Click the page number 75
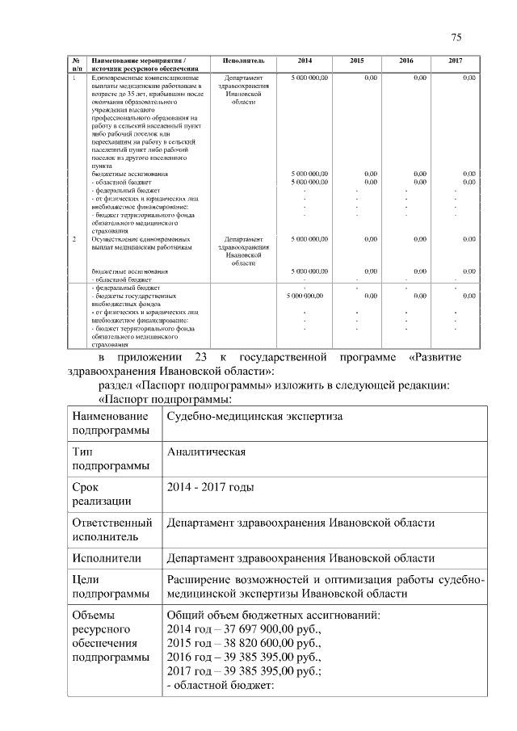(x=456, y=37)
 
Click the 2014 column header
(x=305, y=61)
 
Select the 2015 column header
(x=357, y=61)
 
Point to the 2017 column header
(x=456, y=61)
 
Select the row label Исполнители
(x=107, y=558)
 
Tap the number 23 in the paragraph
(x=201, y=356)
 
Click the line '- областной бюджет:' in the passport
(x=221, y=687)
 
